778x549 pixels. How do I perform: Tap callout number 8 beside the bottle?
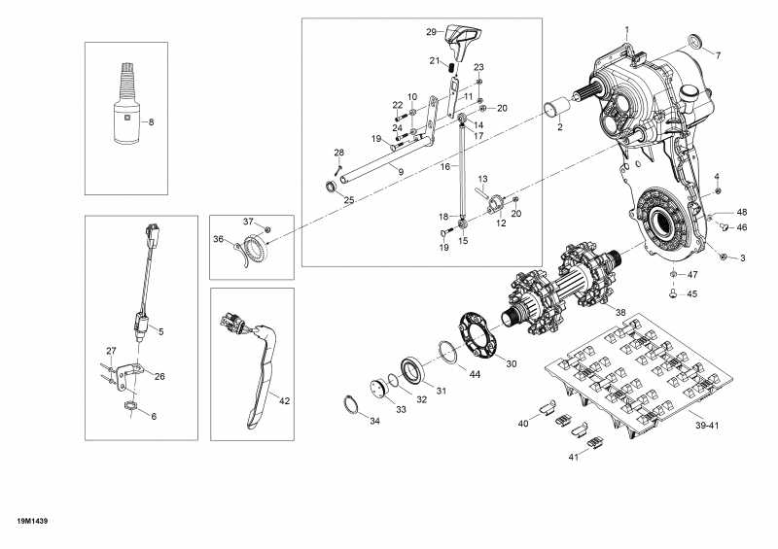[x=151, y=121]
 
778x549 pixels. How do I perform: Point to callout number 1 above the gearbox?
[x=627, y=30]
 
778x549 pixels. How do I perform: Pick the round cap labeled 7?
[x=695, y=42]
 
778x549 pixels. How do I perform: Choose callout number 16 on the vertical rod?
[x=444, y=167]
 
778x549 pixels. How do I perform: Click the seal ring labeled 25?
[x=335, y=185]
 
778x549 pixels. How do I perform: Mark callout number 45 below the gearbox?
[x=692, y=293]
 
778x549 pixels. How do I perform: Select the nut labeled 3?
[x=725, y=257]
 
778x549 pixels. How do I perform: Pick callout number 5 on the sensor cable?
[x=159, y=331]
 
